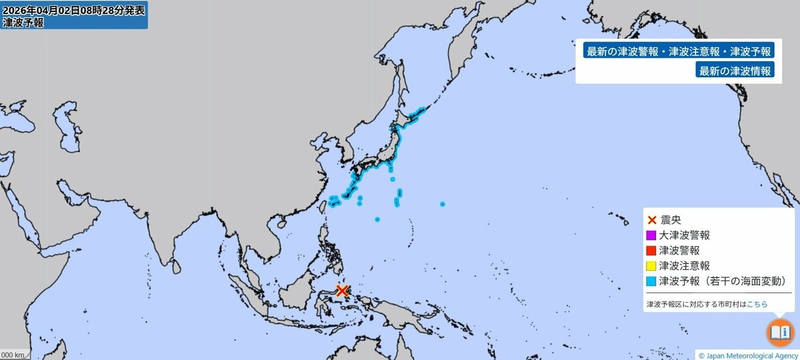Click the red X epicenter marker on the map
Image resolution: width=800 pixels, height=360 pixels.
coord(342,291)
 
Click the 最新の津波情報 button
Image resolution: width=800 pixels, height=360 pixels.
coord(735,71)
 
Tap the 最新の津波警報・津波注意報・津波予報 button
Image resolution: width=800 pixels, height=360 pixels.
coord(678,51)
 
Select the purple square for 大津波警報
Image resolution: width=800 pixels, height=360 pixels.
coord(651,235)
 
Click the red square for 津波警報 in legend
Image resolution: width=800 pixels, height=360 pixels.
coord(651,251)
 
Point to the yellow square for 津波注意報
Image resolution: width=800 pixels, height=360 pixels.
coord(651,266)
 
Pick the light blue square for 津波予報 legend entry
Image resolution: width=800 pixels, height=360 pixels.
coord(651,281)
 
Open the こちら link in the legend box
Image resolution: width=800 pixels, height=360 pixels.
coord(757,304)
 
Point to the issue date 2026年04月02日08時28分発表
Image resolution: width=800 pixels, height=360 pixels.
coord(73,9)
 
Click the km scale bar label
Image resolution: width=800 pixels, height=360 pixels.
coord(13,355)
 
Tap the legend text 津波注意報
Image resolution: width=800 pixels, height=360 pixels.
coord(679,266)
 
